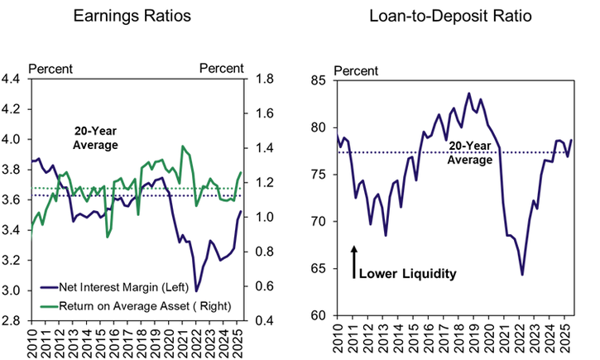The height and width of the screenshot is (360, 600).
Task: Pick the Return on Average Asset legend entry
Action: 142,306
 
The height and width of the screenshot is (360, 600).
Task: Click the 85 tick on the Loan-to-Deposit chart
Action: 319,81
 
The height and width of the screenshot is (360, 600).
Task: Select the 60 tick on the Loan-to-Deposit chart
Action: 319,315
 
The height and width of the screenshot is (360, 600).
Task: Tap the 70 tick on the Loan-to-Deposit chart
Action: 319,222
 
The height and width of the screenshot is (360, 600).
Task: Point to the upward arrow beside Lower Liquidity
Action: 353,261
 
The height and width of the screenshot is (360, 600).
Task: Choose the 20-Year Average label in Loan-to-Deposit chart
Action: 469,152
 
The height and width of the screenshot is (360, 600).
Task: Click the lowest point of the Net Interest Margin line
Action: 197,291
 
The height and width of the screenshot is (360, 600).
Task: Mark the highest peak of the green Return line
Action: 183,146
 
